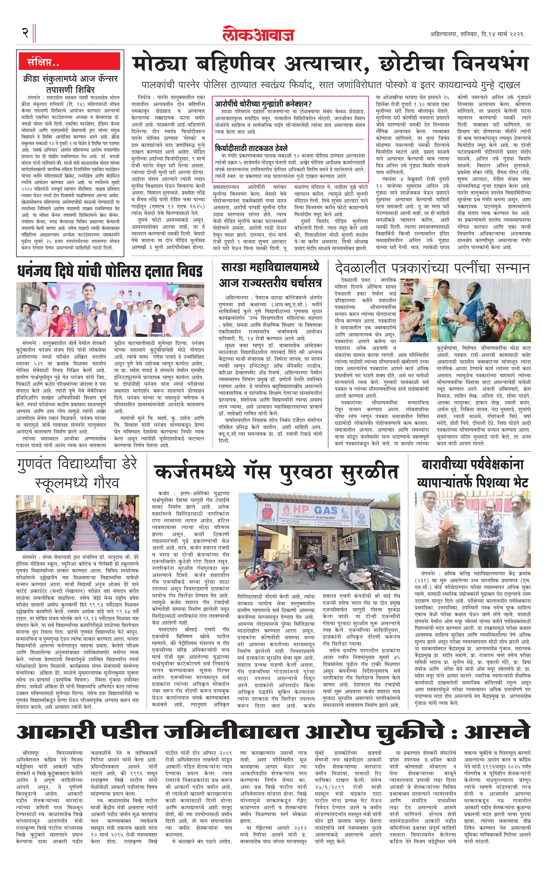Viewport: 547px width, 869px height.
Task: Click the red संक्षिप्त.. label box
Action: (x=44, y=62)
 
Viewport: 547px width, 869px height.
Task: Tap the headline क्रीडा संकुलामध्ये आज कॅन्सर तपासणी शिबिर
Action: (x=70, y=84)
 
